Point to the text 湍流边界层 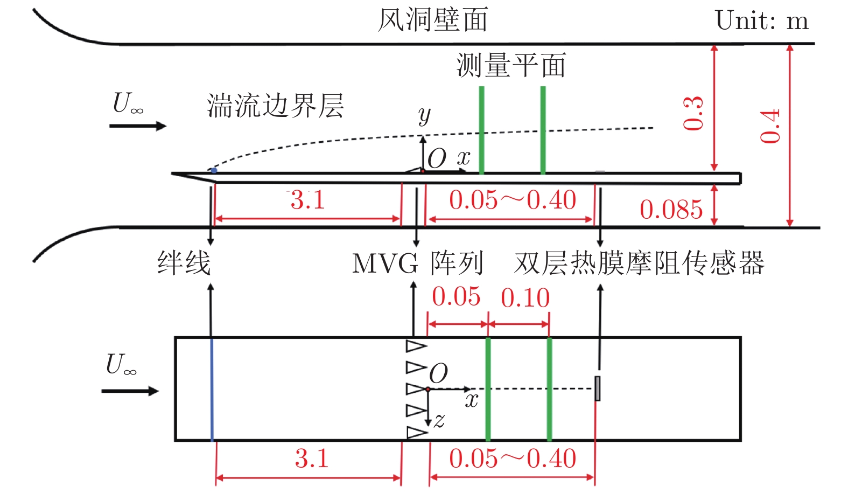click(275, 106)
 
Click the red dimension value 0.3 click(693, 113)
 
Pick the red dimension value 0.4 click(770, 126)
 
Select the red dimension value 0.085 click(671, 210)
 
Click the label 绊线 click(184, 263)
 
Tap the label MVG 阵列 click(417, 264)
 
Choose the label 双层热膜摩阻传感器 click(639, 263)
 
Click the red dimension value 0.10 click(525, 298)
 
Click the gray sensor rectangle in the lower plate click(598, 388)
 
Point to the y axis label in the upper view click(424, 115)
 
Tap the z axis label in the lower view click(439, 420)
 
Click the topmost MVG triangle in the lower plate click(415, 345)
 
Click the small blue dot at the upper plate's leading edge click(214, 171)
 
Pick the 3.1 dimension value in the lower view click(311, 459)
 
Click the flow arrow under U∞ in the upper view click(137, 126)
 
